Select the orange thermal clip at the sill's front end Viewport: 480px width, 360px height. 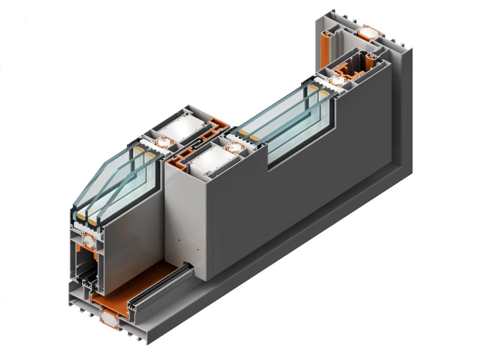pos(108,319)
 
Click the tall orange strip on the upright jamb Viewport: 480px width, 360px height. pos(325,49)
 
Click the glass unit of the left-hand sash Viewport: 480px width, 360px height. pos(117,178)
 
